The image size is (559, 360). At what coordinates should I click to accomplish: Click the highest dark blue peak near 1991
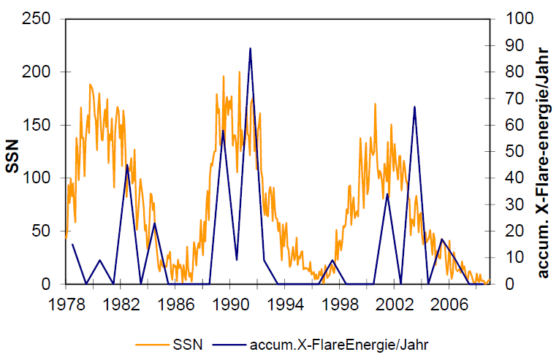(x=251, y=48)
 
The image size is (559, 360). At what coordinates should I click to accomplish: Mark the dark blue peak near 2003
(x=415, y=107)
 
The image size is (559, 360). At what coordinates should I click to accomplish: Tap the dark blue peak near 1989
(x=223, y=131)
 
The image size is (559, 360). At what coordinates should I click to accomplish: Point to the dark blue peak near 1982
(x=127, y=165)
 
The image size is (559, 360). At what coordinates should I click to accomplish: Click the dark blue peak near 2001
(x=387, y=194)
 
